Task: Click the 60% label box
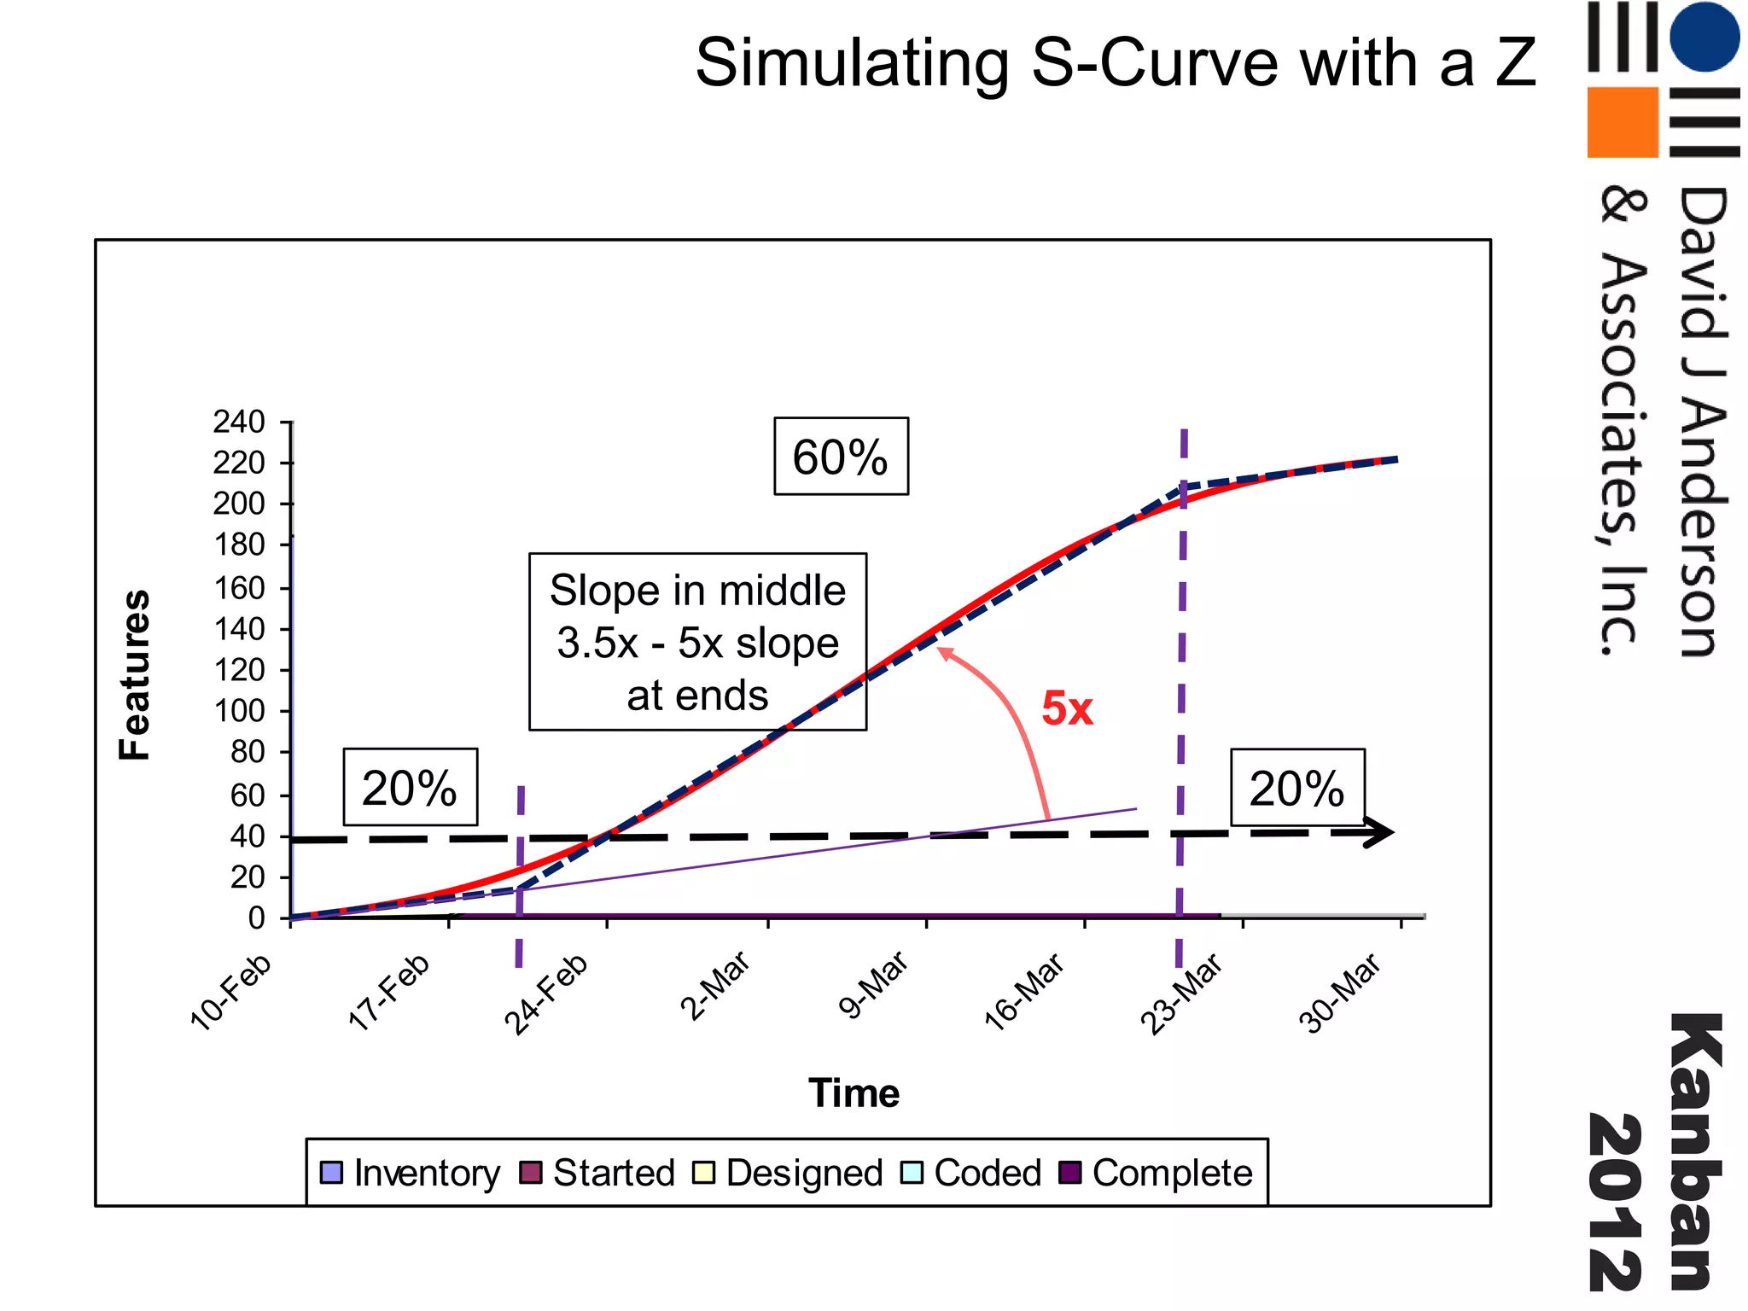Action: (841, 457)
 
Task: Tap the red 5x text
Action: (1067, 708)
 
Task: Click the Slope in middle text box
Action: (697, 642)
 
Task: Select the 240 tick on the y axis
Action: (239, 422)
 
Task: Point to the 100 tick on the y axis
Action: (239, 710)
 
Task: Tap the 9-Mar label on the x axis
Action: (874, 986)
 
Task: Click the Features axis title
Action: (135, 674)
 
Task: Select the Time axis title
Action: (854, 1093)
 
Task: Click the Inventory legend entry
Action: (411, 1173)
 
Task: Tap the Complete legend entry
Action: (1156, 1173)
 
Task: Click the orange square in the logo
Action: (1622, 122)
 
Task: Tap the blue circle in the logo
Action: (1704, 37)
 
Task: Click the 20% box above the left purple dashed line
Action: (410, 787)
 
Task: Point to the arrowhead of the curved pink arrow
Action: (944, 653)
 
